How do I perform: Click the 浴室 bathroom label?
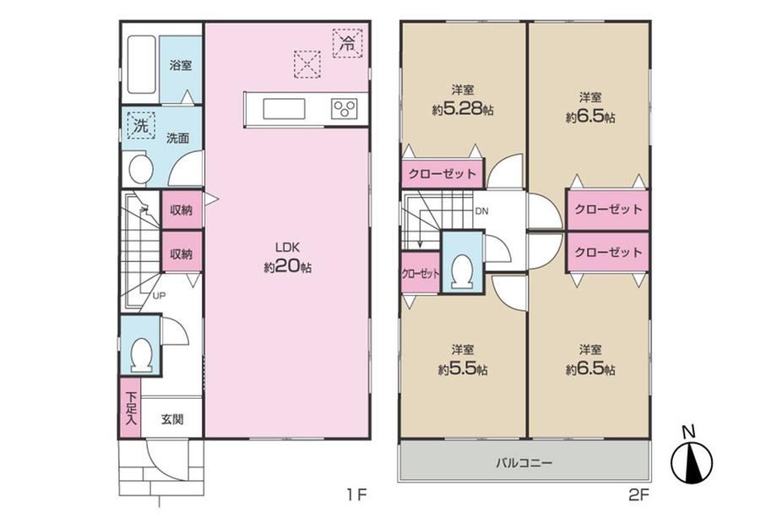[181, 65]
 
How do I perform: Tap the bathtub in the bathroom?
[142, 65]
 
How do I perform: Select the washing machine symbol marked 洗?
[141, 125]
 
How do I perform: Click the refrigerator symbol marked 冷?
[348, 44]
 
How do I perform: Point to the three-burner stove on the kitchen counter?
[344, 108]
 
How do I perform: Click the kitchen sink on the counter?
[284, 109]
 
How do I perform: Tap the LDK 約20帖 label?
[287, 258]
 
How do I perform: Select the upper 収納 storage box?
[182, 210]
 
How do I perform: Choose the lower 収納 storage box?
[182, 253]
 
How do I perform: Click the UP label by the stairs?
[159, 296]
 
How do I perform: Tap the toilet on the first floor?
[141, 354]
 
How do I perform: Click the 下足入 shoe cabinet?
[130, 408]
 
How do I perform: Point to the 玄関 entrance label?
[172, 419]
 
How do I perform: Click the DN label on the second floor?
[481, 211]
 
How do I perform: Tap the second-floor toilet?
[462, 270]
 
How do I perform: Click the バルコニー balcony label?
[524, 463]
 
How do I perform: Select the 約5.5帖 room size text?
[463, 370]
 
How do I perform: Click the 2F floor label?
[638, 494]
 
